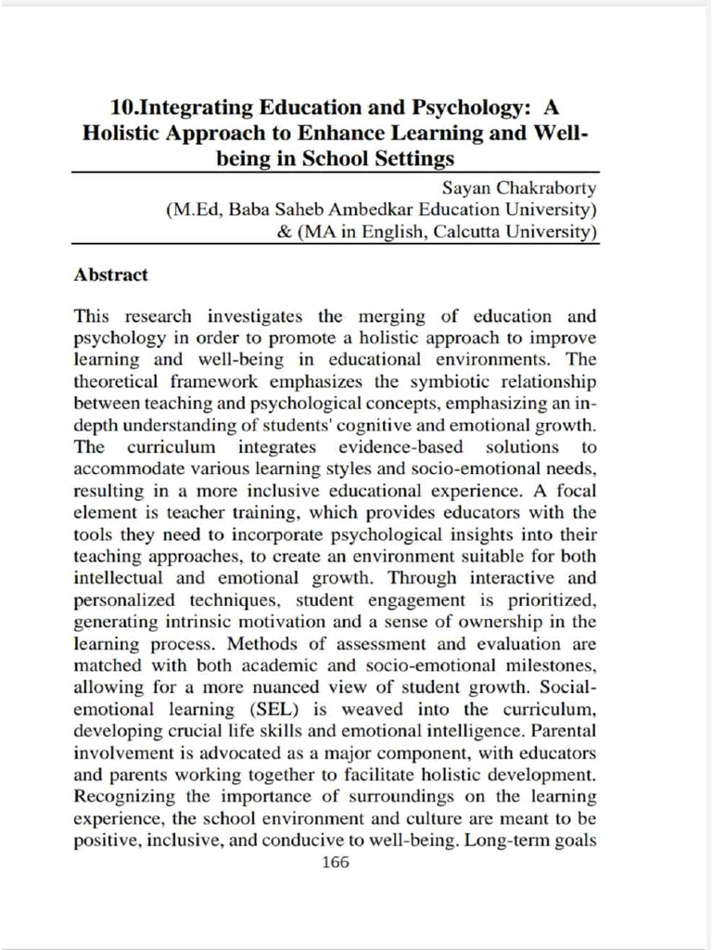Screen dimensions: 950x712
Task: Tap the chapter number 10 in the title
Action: pos(121,108)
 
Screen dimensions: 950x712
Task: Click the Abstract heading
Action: pos(110,276)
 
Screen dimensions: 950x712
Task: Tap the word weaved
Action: pos(374,710)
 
